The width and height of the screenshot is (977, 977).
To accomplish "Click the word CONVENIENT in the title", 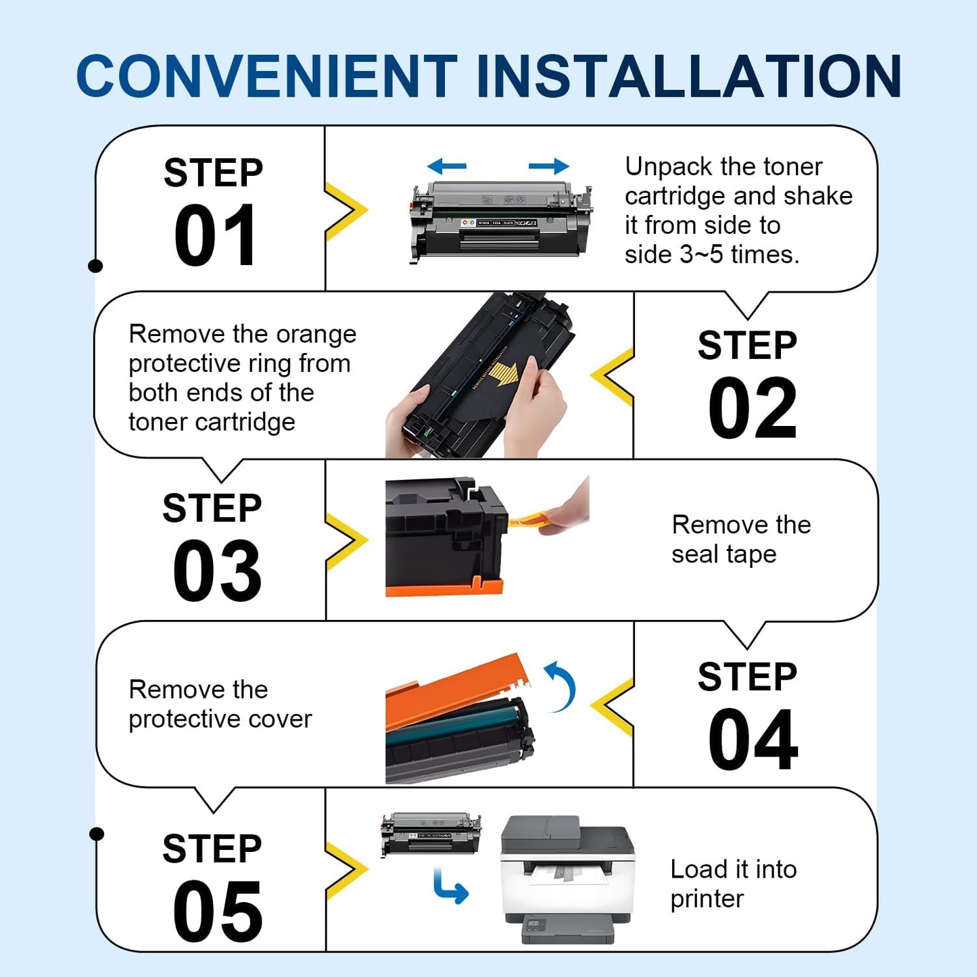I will tap(267, 76).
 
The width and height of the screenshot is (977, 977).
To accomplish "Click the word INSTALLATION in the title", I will tap(688, 76).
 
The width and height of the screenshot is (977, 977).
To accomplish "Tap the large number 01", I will tap(215, 236).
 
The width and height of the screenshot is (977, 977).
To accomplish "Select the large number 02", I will tap(753, 408).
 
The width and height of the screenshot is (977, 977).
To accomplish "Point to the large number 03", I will tap(216, 571).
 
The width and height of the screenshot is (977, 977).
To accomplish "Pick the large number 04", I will tap(753, 740).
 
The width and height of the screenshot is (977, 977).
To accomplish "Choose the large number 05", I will tap(216, 912).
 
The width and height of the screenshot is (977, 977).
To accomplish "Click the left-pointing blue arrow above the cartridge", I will tap(447, 166).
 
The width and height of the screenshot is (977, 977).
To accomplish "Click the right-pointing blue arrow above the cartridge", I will tap(548, 166).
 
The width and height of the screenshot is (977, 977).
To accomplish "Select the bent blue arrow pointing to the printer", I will tap(450, 887).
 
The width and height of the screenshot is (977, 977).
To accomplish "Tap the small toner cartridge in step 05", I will tap(431, 834).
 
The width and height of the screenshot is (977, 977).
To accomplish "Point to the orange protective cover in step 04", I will tap(453, 693).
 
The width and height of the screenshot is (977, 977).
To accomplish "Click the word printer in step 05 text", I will tap(707, 899).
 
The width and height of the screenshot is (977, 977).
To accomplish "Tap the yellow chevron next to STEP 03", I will tap(346, 541).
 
